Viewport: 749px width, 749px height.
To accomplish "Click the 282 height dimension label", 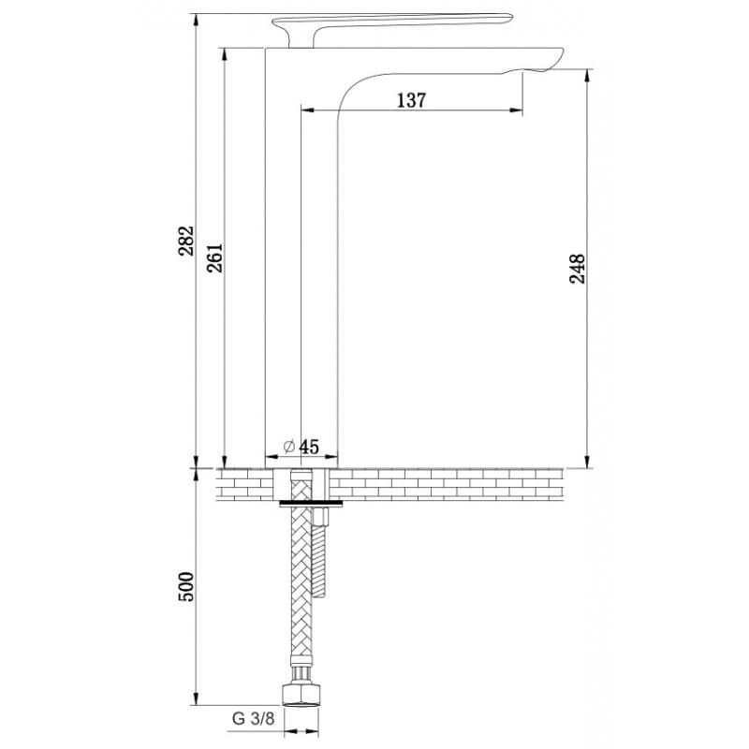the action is pyautogui.click(x=186, y=241).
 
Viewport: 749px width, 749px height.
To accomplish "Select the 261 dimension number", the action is pyautogui.click(x=214, y=258).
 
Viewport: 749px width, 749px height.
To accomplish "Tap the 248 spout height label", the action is pyautogui.click(x=577, y=269).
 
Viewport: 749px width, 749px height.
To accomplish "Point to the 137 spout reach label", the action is pyautogui.click(x=411, y=100).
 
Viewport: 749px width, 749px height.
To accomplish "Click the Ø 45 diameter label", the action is pyautogui.click(x=301, y=447).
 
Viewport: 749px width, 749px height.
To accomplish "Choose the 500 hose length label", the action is pyautogui.click(x=186, y=586).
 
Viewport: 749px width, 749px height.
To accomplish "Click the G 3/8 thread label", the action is pyautogui.click(x=253, y=718).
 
